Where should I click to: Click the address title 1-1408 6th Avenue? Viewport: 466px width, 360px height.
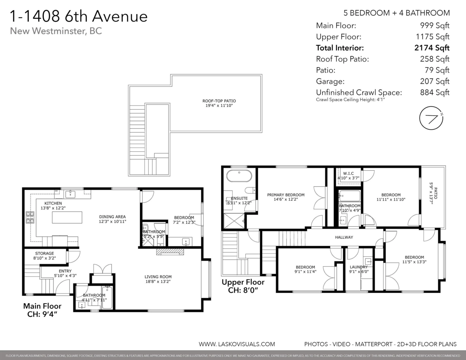click(78, 17)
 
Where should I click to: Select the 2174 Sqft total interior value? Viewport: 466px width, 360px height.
click(432, 48)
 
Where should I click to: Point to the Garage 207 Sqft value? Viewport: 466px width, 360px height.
click(435, 81)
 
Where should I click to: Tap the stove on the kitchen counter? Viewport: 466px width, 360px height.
click(30, 217)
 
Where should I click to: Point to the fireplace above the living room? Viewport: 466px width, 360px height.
click(169, 252)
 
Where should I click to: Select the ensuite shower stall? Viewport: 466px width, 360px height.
click(233, 220)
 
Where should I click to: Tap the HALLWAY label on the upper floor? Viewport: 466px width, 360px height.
click(344, 237)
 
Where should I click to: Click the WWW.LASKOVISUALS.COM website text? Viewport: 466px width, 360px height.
click(237, 344)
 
